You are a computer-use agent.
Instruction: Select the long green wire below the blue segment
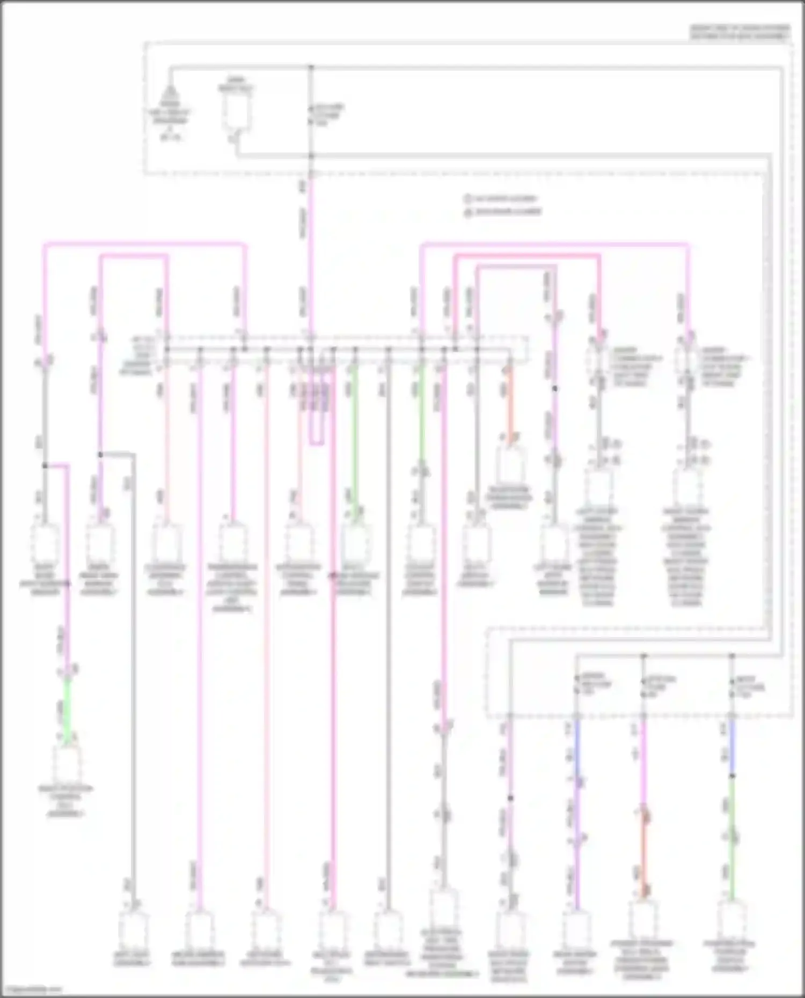(x=731, y=842)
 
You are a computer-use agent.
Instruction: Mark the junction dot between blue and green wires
(x=731, y=776)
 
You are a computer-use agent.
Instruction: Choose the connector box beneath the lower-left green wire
(x=67, y=764)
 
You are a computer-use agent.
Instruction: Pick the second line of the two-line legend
(x=502, y=211)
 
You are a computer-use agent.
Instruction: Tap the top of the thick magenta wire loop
(x=526, y=256)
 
